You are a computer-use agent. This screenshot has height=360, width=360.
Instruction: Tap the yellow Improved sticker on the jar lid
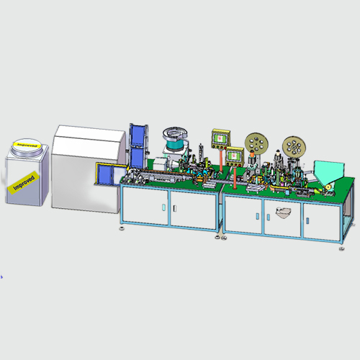tap(27, 145)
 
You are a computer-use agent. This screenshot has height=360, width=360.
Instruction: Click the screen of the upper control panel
tap(221, 139)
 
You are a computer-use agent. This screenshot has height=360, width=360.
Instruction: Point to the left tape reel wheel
tap(257, 143)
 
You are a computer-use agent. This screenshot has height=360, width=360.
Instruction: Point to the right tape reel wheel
tap(294, 147)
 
